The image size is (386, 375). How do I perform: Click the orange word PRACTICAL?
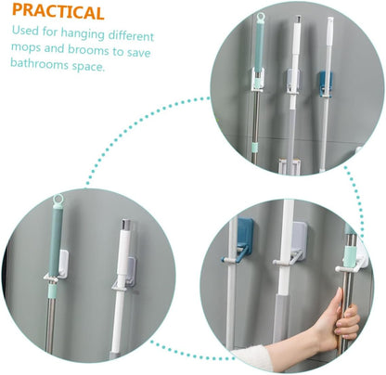58,11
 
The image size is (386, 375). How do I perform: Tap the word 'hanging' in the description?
83,34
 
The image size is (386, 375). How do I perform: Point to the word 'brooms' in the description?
88,50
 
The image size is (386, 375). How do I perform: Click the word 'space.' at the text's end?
89,66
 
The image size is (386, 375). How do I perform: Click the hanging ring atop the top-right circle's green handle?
261,17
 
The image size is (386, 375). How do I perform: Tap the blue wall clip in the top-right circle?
326,83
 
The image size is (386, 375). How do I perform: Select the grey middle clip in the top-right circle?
292,81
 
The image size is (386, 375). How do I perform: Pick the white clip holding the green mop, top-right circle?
258,80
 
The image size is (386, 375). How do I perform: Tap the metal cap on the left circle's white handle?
125,224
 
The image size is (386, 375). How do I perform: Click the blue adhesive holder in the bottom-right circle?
240,240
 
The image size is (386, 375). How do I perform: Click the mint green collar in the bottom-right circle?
350,256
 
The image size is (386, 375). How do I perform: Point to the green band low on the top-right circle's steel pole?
254,147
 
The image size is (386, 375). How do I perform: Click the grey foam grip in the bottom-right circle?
281,318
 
